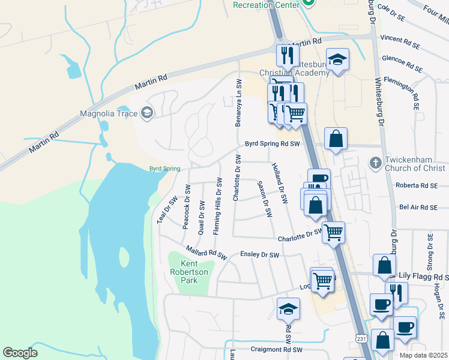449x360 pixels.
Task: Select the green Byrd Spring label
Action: click(164, 169)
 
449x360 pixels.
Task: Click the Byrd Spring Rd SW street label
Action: click(272, 144)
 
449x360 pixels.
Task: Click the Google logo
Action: click(20, 353)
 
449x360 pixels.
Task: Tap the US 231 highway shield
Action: click(360, 340)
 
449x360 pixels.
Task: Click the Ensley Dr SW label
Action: click(260, 255)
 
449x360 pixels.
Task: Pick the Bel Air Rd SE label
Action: click(420, 208)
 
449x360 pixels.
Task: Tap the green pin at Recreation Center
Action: click(309, 3)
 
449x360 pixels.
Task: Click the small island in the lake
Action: click(124, 257)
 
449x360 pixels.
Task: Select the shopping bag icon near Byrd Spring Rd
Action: click(336, 139)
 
